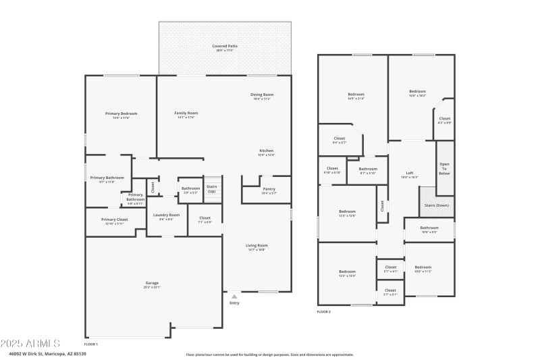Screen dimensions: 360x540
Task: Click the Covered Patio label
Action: click(226, 46)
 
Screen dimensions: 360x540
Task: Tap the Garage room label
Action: click(152, 282)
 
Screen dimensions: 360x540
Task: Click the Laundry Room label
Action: click(166, 215)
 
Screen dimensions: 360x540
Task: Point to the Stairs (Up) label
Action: click(211, 188)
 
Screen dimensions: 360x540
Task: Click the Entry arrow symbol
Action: click(234, 296)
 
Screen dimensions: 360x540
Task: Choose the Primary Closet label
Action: click(114, 220)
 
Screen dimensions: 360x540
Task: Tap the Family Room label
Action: click(186, 113)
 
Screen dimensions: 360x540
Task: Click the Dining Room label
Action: click(262, 95)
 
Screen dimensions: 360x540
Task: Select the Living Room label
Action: click(257, 245)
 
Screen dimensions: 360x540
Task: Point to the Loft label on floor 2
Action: click(410, 172)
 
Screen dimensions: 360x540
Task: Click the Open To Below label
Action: click(444, 168)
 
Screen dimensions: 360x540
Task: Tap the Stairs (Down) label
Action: click(437, 205)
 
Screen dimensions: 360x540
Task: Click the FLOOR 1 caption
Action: click(91, 344)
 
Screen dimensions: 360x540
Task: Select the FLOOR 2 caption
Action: click(324, 311)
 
